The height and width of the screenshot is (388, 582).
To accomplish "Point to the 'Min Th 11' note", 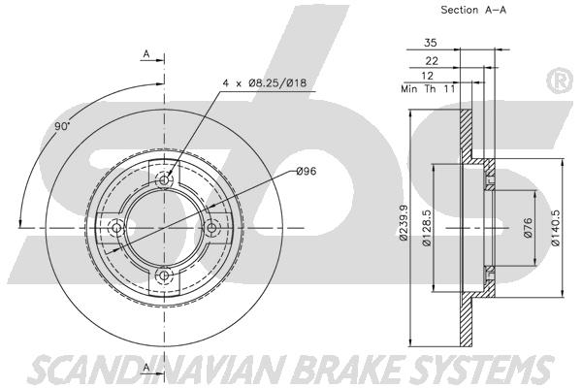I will coord(428,88).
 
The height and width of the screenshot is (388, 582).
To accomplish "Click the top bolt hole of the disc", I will coord(164,180).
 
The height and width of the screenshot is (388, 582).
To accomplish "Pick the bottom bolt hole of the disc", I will coord(164,275).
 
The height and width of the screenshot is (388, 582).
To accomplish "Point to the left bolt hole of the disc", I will coord(116,228).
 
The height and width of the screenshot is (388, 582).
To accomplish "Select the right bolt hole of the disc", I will coord(211,228).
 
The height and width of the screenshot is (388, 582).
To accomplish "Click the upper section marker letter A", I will coord(145,53).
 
